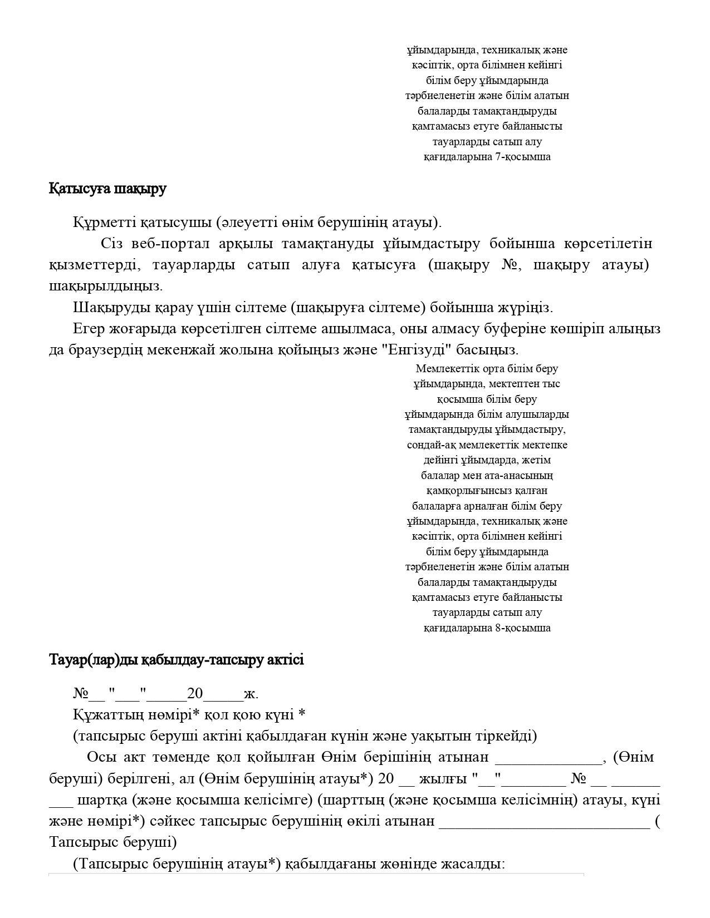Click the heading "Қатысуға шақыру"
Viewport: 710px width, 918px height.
point(107,189)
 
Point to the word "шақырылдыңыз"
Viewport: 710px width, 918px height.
point(105,287)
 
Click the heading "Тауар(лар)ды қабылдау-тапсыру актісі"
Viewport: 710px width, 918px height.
point(177,660)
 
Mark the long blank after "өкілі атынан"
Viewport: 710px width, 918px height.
point(544,822)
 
